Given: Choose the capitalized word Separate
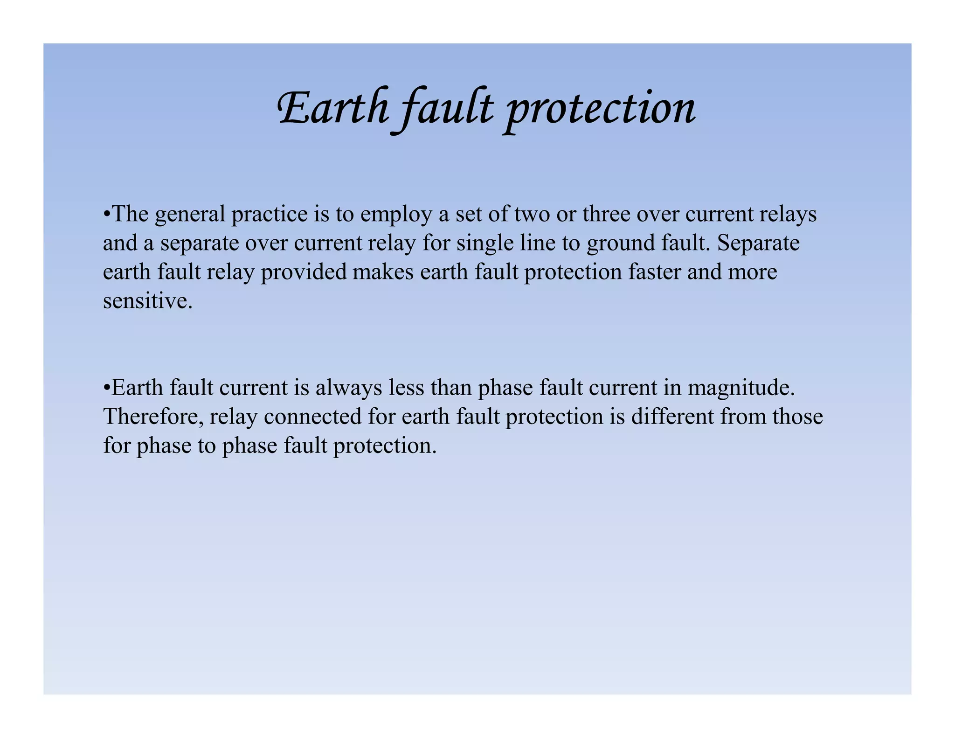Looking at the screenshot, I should pyautogui.click(x=758, y=244).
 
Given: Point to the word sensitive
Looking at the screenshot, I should pyautogui.click(x=147, y=301).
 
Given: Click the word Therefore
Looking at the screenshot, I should pyautogui.click(x=153, y=417).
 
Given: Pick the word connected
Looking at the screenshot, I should pyautogui.click(x=312, y=417).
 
